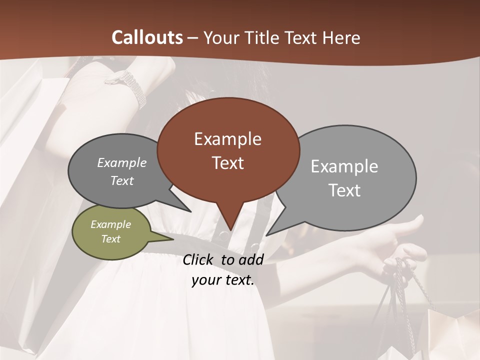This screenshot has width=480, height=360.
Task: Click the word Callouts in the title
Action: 147,37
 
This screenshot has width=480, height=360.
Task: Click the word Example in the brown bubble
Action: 228,139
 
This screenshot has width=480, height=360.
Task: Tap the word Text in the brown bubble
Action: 228,163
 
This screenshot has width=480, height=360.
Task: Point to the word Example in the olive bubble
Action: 110,224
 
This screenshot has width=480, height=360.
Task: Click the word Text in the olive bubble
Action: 110,239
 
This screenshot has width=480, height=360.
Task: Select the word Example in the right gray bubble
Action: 344,166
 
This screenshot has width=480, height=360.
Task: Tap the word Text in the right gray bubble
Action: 344,190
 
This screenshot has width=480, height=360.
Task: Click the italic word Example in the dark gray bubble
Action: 122,163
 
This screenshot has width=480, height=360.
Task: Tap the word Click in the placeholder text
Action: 199,259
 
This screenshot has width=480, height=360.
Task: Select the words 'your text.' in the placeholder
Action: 223,280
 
